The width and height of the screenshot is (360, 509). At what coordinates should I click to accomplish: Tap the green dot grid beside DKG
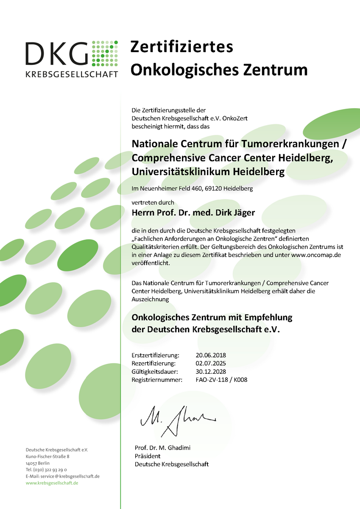(x=104, y=53)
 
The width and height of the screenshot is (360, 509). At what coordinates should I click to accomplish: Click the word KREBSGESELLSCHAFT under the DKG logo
(x=72, y=74)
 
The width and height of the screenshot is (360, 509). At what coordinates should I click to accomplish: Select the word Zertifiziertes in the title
(x=181, y=47)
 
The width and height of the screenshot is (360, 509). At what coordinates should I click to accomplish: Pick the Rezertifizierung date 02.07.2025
(x=211, y=363)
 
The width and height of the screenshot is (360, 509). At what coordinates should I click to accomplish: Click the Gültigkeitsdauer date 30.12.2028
(x=211, y=372)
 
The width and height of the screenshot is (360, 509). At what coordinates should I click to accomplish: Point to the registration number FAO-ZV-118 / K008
(x=221, y=380)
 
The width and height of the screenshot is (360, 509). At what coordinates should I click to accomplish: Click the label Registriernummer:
(x=157, y=380)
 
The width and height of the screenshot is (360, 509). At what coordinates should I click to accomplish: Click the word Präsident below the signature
(x=148, y=456)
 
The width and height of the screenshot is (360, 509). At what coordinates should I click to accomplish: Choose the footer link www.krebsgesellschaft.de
(x=52, y=483)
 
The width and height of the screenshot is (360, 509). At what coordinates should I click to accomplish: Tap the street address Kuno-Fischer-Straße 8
(x=47, y=456)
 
